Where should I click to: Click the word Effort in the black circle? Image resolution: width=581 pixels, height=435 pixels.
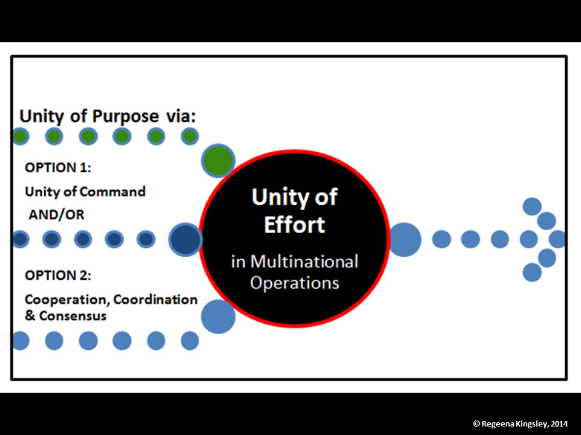point(295,225)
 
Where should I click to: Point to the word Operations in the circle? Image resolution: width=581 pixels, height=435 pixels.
point(295,282)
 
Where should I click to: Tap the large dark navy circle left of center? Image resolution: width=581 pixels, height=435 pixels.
point(185,239)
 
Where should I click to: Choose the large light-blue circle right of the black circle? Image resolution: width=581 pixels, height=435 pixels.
point(405,239)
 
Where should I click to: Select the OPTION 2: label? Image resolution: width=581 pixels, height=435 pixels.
point(58,275)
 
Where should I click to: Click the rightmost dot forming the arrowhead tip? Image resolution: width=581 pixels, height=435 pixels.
point(557,239)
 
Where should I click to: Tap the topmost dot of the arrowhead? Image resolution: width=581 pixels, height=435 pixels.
point(532,207)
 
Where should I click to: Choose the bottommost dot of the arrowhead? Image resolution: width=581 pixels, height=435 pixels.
point(532,272)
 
